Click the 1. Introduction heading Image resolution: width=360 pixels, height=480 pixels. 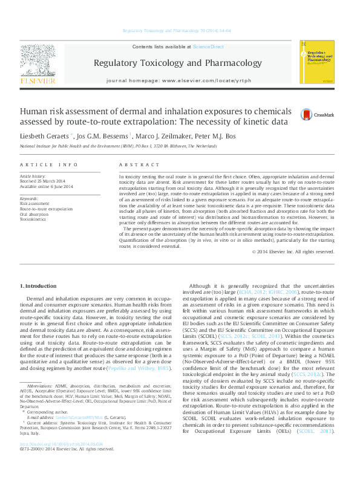pos(39,285)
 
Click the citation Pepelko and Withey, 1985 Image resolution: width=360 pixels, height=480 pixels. pos(144,368)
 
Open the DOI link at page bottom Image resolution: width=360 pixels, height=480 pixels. pos(61,461)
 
